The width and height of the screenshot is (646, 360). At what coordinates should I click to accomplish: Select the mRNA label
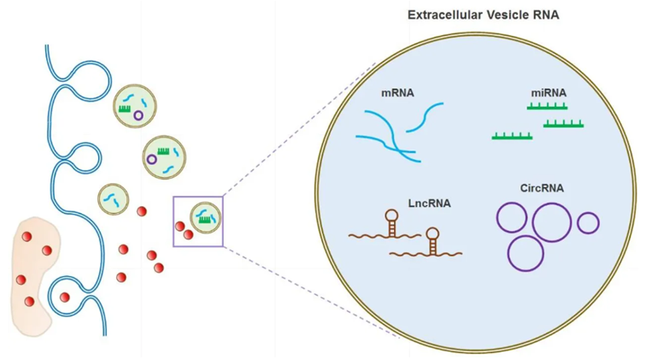click(397, 92)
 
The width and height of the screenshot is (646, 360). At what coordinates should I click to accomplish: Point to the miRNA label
click(548, 92)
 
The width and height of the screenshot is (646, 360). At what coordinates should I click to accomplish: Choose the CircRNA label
click(542, 188)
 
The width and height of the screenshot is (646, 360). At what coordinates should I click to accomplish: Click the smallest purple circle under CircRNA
click(588, 224)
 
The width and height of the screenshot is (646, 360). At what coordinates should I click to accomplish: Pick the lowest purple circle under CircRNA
click(526, 252)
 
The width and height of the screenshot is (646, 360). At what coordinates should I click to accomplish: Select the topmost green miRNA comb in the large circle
click(547, 107)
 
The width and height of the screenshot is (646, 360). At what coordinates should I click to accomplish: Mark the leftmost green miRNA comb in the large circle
click(512, 136)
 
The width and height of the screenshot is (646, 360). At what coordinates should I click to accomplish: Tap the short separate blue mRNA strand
click(425, 118)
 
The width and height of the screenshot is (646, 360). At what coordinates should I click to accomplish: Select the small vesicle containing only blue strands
click(113, 198)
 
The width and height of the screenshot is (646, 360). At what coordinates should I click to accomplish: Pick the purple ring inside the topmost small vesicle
click(138, 115)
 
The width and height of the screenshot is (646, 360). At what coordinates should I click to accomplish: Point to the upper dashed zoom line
click(299, 128)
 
